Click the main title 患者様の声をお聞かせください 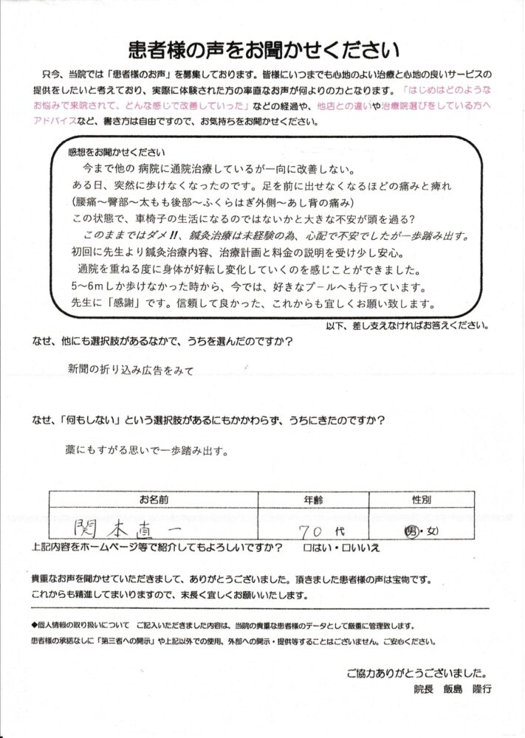point(262,50)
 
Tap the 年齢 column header point(315,500)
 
